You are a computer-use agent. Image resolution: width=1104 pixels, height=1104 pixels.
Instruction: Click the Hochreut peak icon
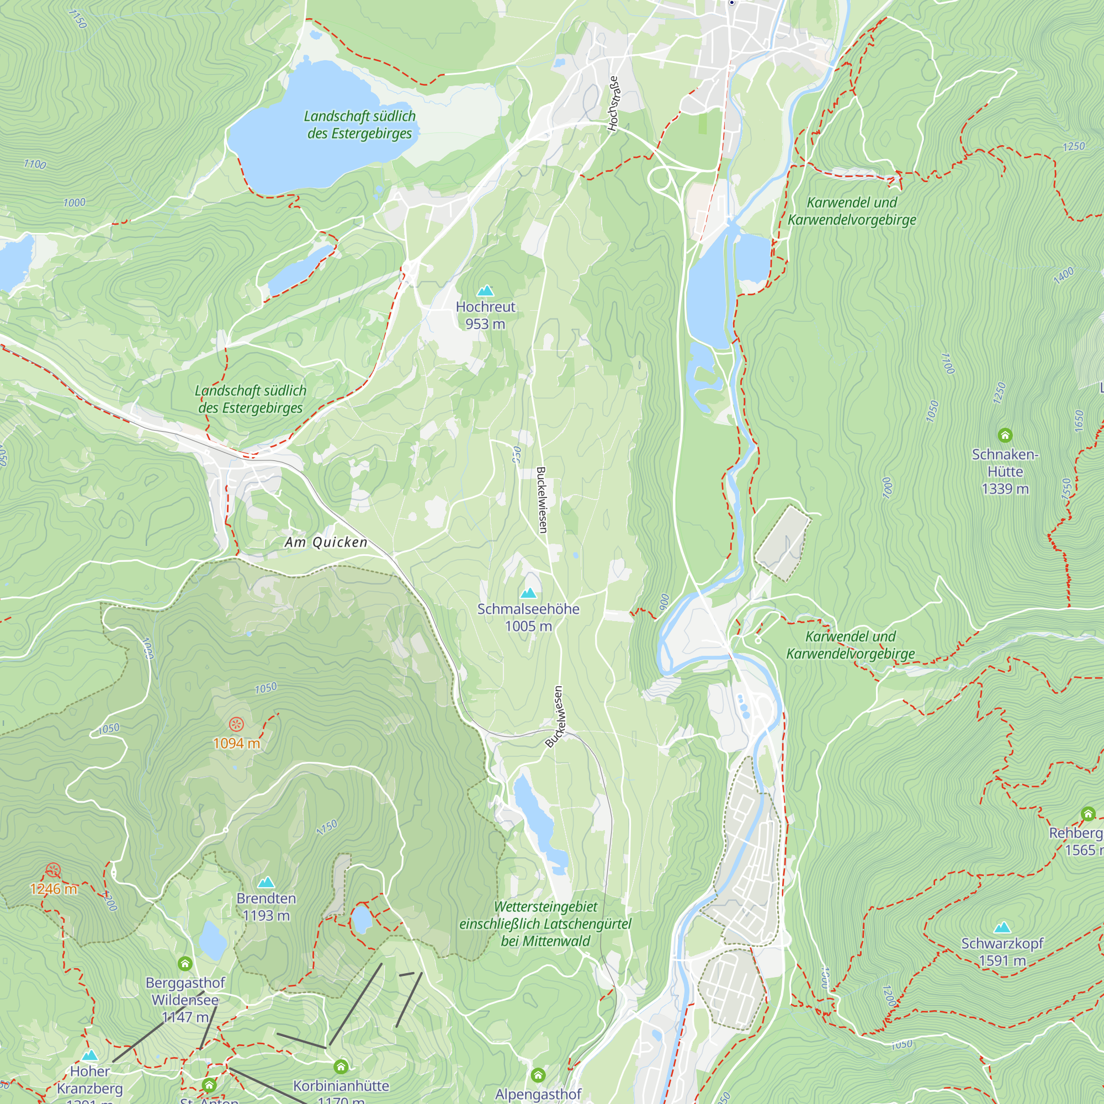[485, 291]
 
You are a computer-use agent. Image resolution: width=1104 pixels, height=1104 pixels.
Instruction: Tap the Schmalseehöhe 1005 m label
[528, 618]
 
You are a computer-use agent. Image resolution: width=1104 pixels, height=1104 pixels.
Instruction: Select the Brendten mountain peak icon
[266, 883]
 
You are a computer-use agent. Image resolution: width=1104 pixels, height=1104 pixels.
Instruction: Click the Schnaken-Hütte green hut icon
[1005, 436]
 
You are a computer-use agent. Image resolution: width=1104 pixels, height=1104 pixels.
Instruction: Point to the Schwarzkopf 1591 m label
[1002, 952]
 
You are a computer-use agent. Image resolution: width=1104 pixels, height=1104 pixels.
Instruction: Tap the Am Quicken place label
[326, 542]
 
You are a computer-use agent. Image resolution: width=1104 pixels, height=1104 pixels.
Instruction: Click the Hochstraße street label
[613, 104]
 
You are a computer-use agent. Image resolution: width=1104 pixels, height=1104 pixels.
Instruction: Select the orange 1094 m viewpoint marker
[236, 725]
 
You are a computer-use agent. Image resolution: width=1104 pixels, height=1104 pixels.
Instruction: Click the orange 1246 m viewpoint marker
[53, 871]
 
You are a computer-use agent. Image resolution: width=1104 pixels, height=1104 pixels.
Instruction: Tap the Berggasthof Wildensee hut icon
[184, 964]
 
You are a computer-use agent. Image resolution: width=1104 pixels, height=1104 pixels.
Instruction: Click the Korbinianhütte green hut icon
[341, 1066]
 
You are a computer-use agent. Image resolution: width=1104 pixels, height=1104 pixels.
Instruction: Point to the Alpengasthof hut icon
[538, 1075]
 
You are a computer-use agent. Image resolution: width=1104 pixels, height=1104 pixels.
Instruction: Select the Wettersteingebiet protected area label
[545, 924]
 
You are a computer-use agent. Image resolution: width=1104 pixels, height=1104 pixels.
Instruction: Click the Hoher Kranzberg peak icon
[90, 1055]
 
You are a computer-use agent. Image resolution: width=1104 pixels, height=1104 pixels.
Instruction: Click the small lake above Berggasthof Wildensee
[212, 940]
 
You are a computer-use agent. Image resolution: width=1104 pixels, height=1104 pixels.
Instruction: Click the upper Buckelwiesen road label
[541, 500]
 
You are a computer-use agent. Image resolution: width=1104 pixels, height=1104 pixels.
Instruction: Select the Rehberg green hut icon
[1088, 814]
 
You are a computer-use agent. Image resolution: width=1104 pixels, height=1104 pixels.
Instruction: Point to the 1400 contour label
[1064, 275]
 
